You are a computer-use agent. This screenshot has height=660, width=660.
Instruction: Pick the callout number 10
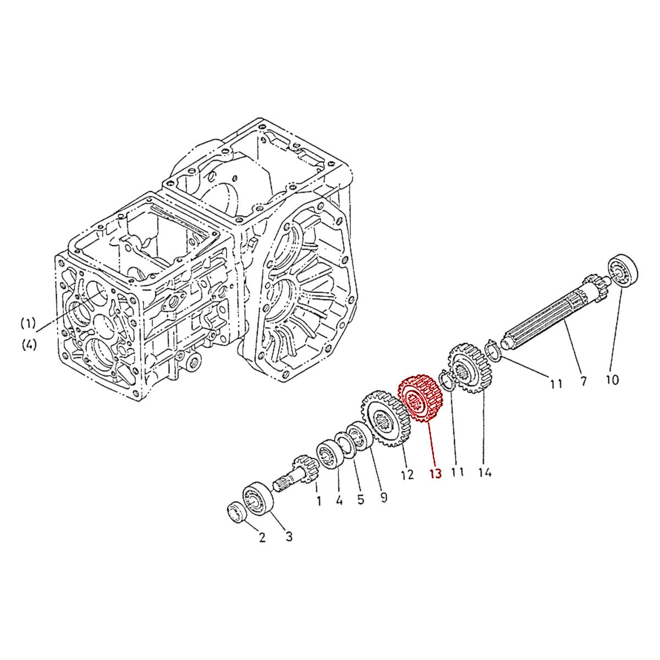pos(612,380)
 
